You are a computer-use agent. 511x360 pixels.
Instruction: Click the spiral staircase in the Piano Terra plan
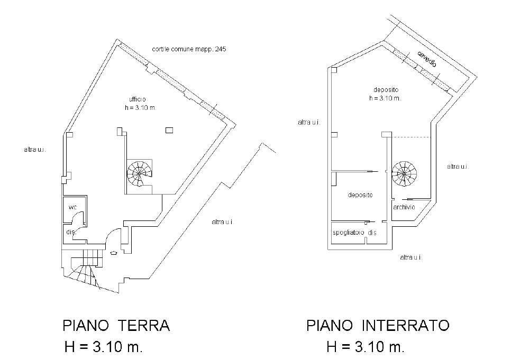tap(139, 172)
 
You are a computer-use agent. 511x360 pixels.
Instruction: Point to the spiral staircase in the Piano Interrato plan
tap(405, 173)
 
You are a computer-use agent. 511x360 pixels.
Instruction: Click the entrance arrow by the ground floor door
tap(113, 253)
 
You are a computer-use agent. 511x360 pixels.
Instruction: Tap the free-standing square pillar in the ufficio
tap(169, 130)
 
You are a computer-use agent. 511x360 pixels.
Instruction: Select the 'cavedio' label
tap(426, 59)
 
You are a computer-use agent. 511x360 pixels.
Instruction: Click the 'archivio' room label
tap(405, 207)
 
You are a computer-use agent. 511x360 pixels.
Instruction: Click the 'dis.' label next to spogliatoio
tap(372, 233)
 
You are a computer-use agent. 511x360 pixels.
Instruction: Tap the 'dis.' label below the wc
tap(70, 232)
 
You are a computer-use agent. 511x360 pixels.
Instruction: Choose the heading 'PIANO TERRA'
tap(116, 325)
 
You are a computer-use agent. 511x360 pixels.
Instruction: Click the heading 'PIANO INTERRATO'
tap(378, 325)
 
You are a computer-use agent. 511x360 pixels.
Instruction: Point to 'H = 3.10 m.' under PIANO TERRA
tap(104, 347)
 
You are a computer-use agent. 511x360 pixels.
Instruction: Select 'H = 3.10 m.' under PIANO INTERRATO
tap(366, 347)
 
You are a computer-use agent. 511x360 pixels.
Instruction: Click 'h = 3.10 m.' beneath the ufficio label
tap(140, 107)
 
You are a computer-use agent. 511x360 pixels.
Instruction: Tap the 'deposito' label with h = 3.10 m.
tap(385, 90)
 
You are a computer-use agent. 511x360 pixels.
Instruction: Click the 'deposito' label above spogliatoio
tap(360, 195)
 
